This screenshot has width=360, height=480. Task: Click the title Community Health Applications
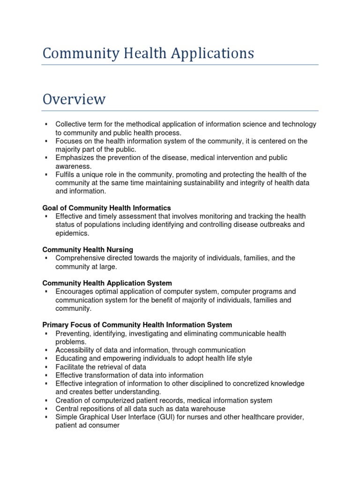point(148,53)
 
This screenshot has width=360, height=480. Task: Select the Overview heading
point(74,99)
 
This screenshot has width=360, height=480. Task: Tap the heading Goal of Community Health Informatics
point(106,208)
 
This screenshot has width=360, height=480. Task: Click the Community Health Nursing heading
point(88,249)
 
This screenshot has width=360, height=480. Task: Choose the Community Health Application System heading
point(107,283)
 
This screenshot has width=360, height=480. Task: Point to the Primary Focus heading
point(137,325)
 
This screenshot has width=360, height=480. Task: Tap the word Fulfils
point(65,174)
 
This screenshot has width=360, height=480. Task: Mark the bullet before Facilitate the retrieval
point(46,367)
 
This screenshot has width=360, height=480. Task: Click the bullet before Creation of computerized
point(46,401)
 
